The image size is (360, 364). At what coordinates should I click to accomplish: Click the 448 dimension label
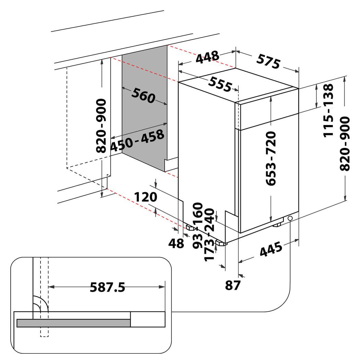(207, 57)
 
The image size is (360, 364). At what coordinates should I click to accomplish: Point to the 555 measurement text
(220, 84)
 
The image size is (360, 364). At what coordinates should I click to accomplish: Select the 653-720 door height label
(271, 158)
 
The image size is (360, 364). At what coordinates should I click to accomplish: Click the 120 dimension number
(145, 197)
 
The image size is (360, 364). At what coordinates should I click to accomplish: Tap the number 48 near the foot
(177, 243)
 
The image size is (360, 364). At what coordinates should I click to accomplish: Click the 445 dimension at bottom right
(271, 249)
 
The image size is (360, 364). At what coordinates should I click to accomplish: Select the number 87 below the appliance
(233, 285)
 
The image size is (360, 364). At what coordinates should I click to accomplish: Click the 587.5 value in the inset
(107, 287)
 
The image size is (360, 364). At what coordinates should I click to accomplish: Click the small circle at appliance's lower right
(290, 218)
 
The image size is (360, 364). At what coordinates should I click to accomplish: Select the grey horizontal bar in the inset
(74, 323)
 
